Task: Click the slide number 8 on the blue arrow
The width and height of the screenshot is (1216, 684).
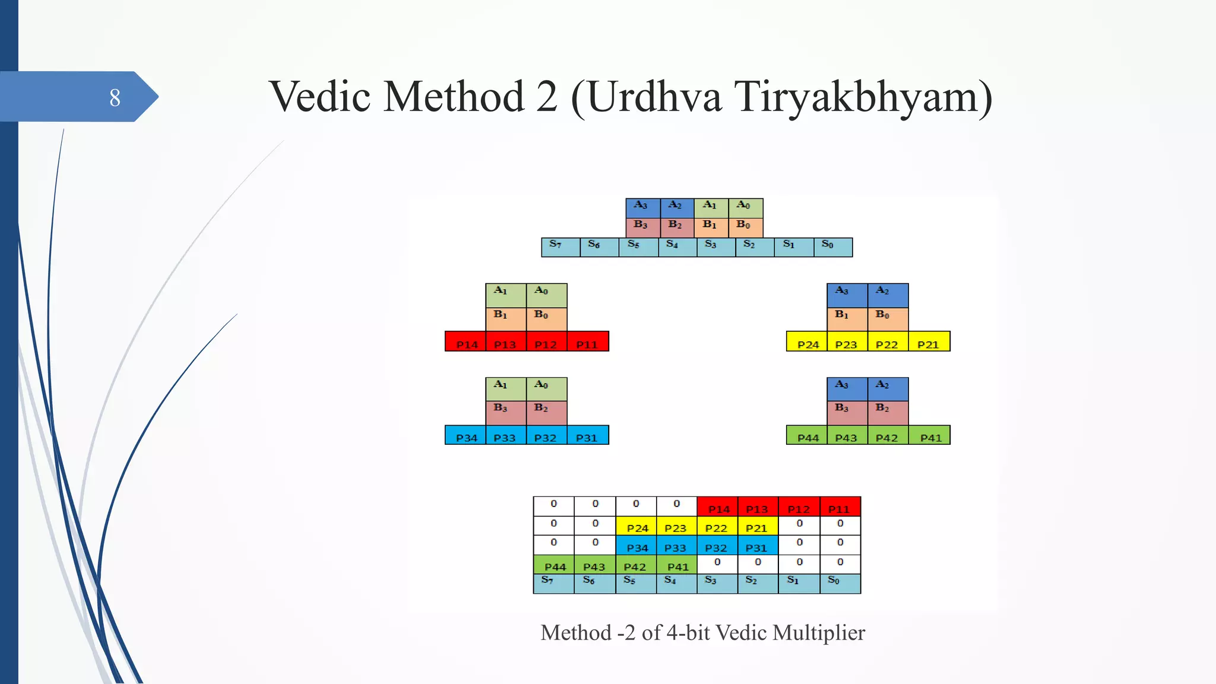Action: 115,97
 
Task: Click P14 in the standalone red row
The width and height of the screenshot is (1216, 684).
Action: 466,342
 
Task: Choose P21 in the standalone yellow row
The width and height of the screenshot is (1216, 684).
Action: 929,342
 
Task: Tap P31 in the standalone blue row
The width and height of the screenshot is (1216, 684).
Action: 587,436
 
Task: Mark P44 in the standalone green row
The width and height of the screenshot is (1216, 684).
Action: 807,436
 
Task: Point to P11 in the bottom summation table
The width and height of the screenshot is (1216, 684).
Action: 840,507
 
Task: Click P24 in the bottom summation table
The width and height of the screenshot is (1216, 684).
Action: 636,526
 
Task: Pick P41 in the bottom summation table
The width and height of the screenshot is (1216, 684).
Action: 677,565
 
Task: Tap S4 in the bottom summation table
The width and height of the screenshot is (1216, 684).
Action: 676,583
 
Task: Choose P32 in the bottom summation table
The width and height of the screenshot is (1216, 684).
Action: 717,546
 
